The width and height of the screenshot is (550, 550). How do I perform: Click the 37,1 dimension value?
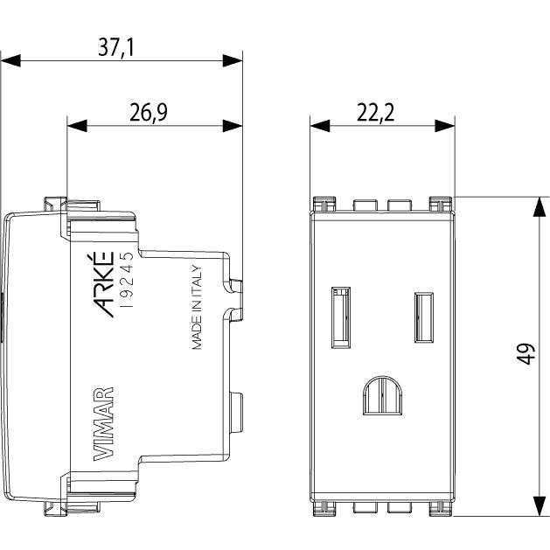(116, 48)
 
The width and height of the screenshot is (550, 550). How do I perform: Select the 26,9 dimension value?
(149, 112)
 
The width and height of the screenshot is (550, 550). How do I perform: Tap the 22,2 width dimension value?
(375, 112)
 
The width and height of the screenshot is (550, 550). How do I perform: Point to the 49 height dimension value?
(526, 354)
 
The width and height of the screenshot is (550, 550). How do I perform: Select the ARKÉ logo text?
(104, 284)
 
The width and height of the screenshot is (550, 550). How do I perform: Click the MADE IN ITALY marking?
(197, 307)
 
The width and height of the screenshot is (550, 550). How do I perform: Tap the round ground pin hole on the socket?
(383, 395)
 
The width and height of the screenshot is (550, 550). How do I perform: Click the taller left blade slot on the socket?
(341, 317)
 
